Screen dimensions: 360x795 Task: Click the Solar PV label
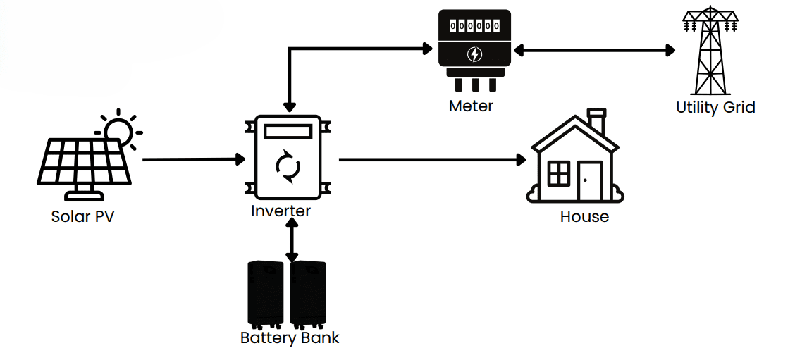82,216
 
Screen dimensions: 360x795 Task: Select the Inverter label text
281,210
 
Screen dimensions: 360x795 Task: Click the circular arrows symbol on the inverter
288,166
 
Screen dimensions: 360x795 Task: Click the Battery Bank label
290,337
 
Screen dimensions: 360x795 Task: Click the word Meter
471,106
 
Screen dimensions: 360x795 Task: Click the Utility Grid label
715,108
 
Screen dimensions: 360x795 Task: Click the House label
584,216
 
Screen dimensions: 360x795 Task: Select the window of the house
559,173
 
